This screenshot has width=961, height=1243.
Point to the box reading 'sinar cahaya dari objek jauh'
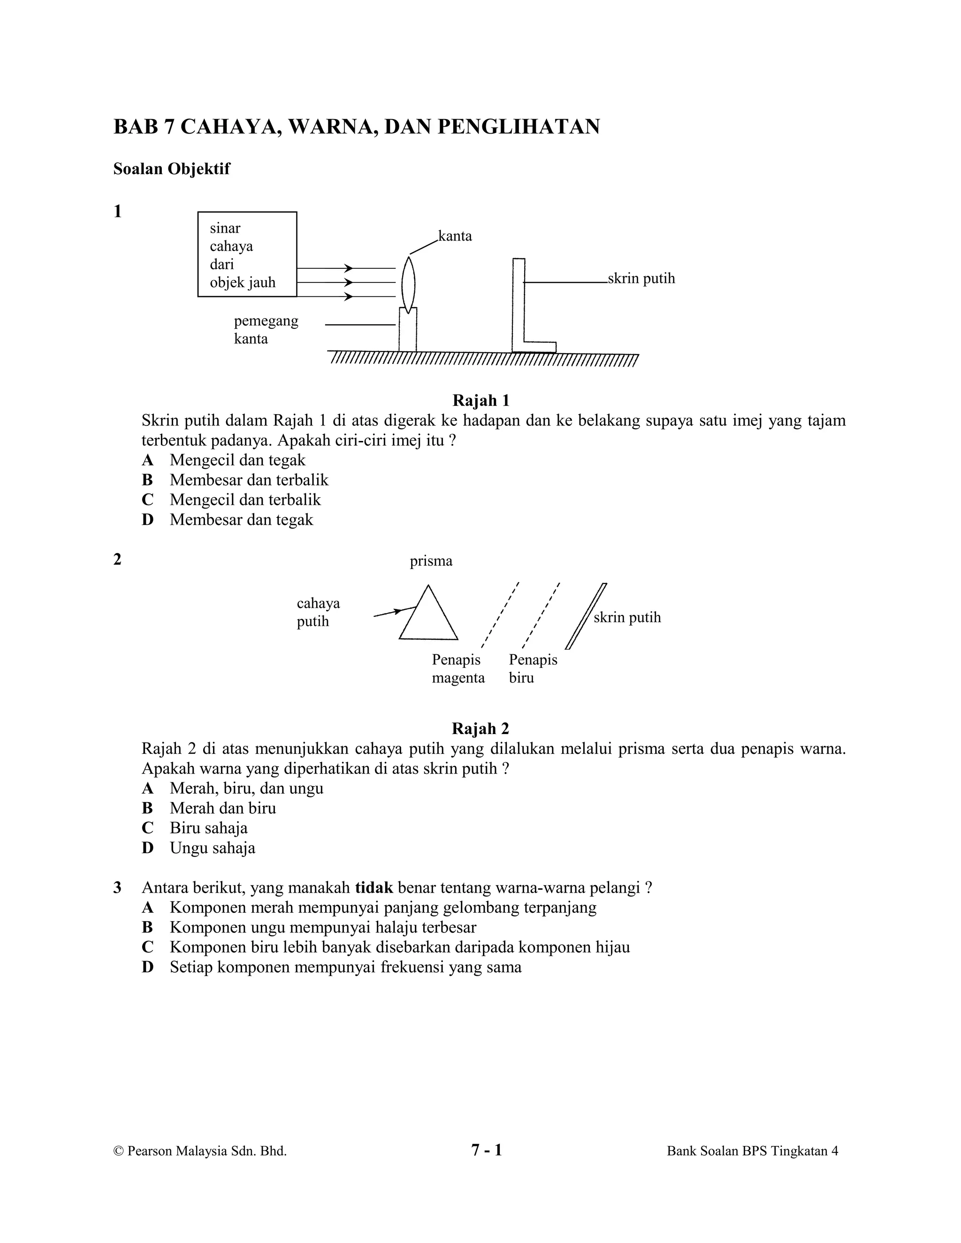(x=247, y=254)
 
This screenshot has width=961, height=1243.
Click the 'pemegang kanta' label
(x=266, y=330)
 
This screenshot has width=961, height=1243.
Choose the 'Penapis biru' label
(x=533, y=669)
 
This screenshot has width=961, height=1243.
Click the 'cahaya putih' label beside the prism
(x=318, y=612)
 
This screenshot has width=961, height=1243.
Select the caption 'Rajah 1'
(x=480, y=401)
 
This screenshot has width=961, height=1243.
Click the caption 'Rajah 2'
(x=480, y=728)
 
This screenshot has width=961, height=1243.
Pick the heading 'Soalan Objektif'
(x=171, y=169)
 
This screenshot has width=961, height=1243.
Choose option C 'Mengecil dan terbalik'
(x=245, y=500)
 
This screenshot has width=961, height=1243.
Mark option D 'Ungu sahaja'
(x=212, y=848)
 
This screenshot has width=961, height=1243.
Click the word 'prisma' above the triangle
(x=431, y=561)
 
